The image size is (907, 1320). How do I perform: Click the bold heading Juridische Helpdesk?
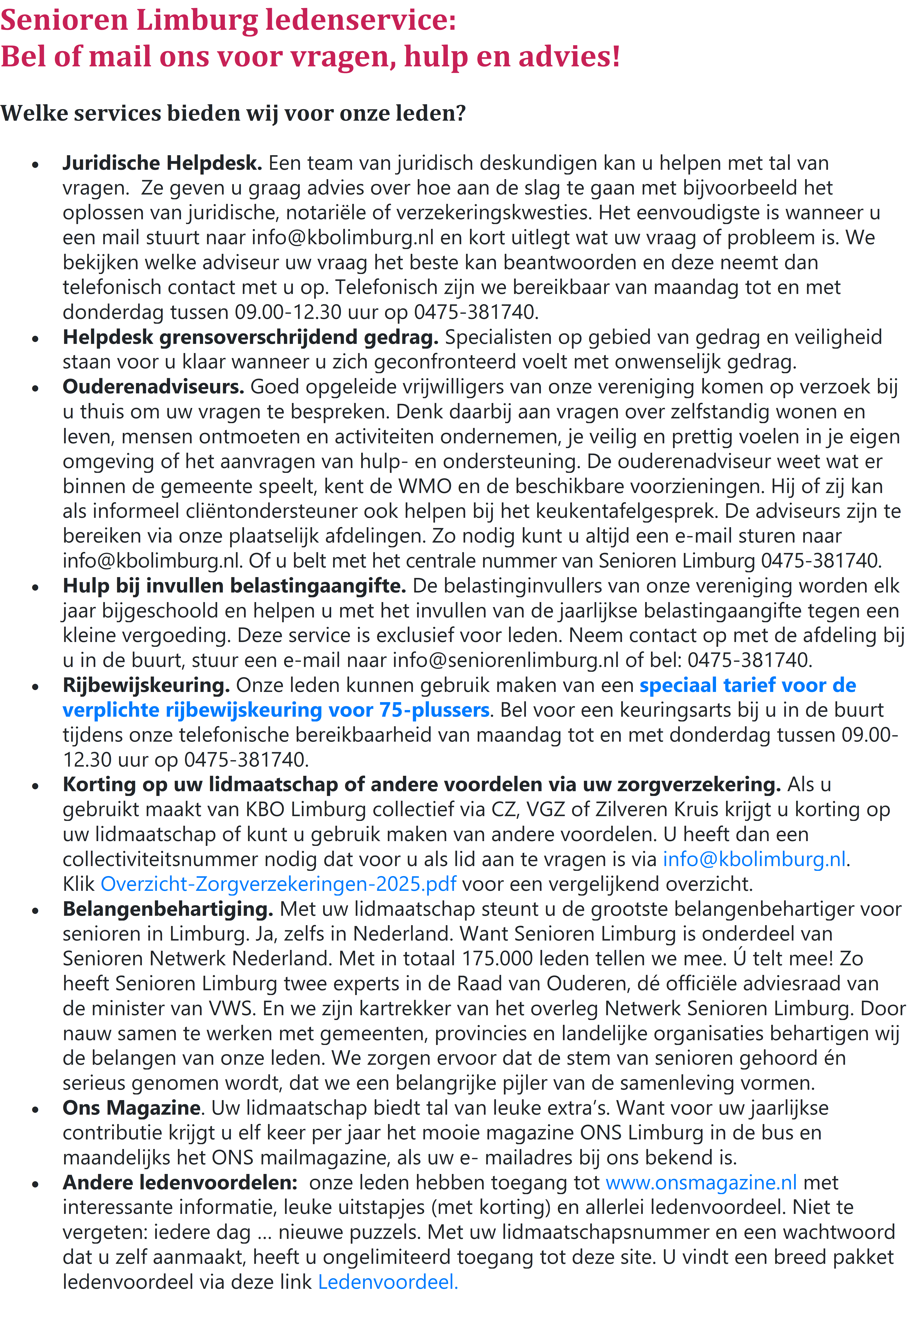pos(162,163)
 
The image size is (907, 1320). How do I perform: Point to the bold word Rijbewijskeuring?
pos(146,685)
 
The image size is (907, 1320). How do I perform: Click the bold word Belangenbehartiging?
pos(168,909)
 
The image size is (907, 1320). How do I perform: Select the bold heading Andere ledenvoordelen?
pos(180,1182)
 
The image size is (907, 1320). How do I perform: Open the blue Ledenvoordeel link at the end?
pos(388,1282)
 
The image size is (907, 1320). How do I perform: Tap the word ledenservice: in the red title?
pos(361,20)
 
